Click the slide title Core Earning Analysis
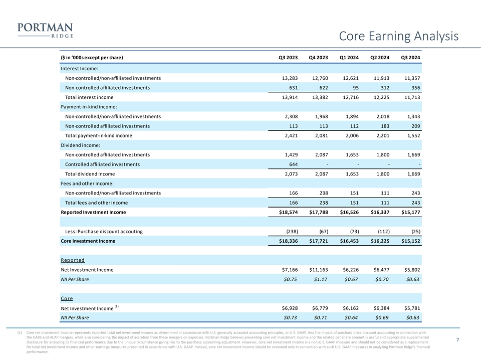click(x=398, y=36)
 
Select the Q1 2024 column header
click(x=349, y=57)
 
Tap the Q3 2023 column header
click(x=288, y=57)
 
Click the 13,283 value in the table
click(x=289, y=78)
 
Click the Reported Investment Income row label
click(x=93, y=212)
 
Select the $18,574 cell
click(x=287, y=212)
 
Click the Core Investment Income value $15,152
click(x=409, y=241)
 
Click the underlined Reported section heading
click(x=73, y=260)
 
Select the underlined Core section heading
click(x=67, y=298)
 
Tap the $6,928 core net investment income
click(x=289, y=308)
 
